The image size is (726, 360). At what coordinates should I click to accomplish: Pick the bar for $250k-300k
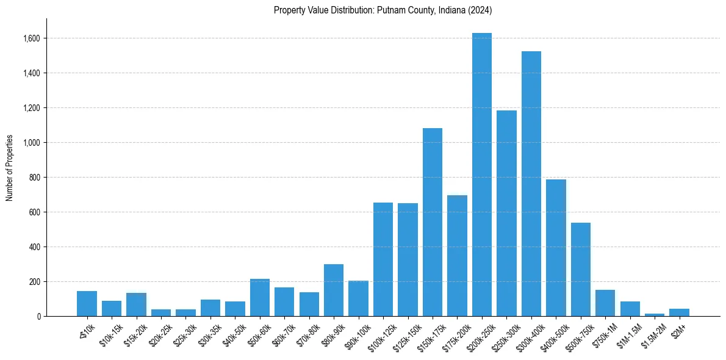pos(506,214)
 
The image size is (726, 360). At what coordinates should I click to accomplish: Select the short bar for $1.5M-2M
pos(655,315)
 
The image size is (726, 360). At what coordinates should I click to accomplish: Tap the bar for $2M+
pos(679,312)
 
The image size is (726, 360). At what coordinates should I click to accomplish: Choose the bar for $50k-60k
pos(260,298)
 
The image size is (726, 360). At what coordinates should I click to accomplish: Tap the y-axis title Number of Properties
pos(10,168)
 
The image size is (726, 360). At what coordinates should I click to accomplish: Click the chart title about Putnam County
pos(383,10)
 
